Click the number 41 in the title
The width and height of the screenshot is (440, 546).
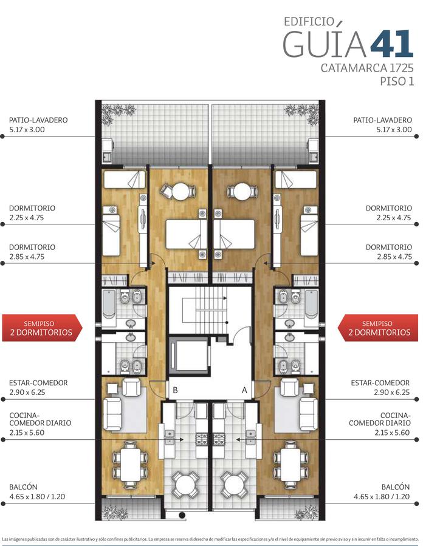[392, 44]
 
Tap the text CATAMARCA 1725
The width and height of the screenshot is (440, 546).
[367, 67]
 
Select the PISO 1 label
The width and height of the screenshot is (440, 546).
[397, 81]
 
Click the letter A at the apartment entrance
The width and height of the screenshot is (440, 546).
[244, 390]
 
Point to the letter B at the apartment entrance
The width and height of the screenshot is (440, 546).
[175, 390]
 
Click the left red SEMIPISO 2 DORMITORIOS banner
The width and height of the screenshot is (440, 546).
[42, 328]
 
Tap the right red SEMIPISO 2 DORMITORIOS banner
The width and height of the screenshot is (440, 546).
[378, 328]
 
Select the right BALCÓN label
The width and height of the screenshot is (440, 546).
[396, 487]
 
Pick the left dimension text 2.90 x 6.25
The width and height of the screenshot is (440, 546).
[27, 393]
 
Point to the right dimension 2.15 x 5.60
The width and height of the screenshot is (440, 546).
[393, 433]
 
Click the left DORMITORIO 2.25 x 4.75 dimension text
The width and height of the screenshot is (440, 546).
[27, 218]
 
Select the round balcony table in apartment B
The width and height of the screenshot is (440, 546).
[185, 485]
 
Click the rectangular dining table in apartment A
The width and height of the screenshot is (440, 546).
[290, 464]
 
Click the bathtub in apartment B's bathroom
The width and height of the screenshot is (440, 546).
[109, 304]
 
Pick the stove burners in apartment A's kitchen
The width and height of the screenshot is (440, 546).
[220, 439]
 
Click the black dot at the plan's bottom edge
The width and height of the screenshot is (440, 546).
[182, 514]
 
